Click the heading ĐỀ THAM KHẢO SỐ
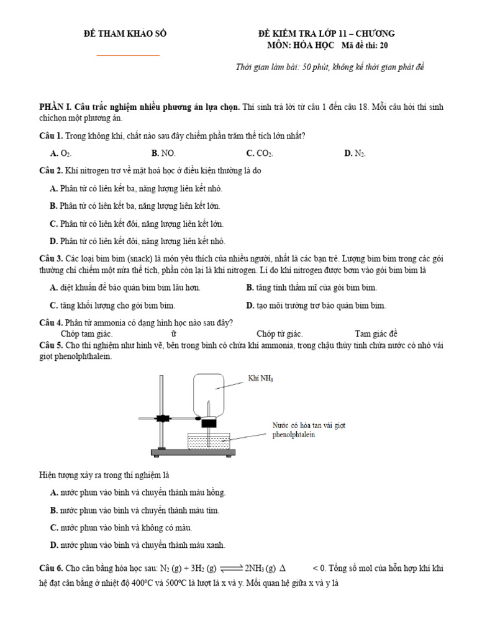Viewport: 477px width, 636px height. [x=125, y=34]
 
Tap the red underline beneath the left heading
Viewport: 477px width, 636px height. [x=129, y=55]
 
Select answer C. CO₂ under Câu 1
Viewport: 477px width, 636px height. [x=260, y=153]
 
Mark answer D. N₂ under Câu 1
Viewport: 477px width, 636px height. [x=355, y=153]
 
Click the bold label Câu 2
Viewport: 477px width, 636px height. [x=50, y=171]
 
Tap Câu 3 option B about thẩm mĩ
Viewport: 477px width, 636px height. [x=311, y=288]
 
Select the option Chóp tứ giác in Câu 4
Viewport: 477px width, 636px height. [x=279, y=334]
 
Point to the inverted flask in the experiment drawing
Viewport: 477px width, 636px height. [x=209, y=394]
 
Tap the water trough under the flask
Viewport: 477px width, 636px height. [x=209, y=442]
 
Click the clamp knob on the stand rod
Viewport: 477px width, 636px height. [x=163, y=419]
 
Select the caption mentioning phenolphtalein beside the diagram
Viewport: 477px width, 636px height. [x=308, y=430]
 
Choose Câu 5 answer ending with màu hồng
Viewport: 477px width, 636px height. [x=137, y=493]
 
